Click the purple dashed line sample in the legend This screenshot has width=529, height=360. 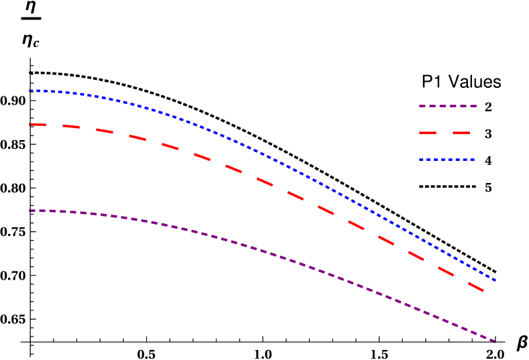tap(447, 106)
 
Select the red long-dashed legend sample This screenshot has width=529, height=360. tap(445, 133)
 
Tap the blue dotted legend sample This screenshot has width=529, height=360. tap(447, 160)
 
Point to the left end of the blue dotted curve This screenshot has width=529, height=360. tap(31, 91)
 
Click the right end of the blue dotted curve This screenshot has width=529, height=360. tap(494, 280)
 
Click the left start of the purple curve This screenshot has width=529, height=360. tap(31, 211)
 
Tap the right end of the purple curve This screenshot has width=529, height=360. tap(494, 341)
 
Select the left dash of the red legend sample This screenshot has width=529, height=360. tap(428, 133)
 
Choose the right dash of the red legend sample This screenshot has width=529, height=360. tap(461, 133)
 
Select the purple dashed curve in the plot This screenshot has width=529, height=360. tap(268, 252)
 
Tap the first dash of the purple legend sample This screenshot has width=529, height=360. tap(422, 106)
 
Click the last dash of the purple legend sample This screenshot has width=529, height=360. tap(473, 106)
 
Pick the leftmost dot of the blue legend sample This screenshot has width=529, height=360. tap(420, 160)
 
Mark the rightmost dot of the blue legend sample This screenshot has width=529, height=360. tap(473, 160)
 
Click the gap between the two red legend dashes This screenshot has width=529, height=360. tap(445, 133)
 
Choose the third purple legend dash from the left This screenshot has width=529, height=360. tap(443, 106)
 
